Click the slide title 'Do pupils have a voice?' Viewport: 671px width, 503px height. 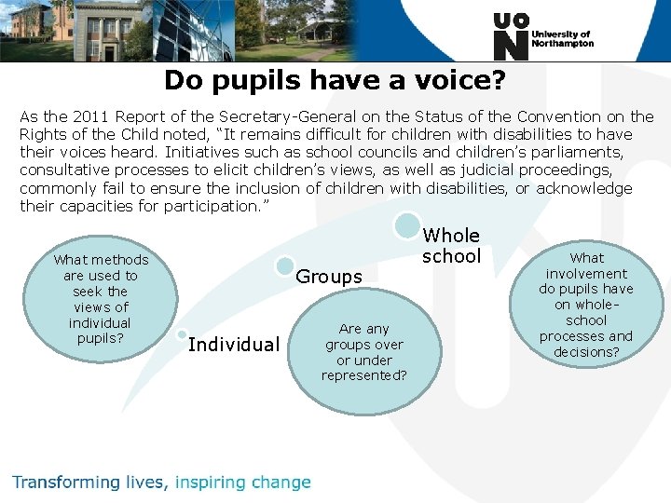click(335, 80)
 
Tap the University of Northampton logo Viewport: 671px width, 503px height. click(541, 37)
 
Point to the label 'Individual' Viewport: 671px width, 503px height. click(233, 345)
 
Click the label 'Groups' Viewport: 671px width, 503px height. click(328, 277)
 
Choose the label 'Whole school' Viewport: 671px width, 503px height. click(451, 246)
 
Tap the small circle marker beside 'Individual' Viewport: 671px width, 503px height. click(182, 333)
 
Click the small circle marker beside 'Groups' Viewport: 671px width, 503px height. click(286, 266)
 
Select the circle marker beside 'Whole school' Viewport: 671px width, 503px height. click(406, 225)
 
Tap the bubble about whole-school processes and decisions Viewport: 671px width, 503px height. click(586, 304)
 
